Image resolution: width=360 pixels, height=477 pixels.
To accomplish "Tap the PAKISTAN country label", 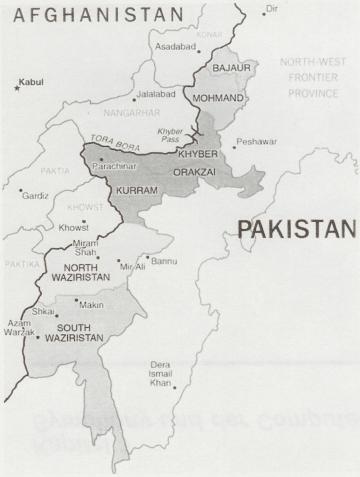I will click(297, 229).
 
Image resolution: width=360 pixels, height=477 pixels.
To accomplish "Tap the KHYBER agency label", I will click(197, 154).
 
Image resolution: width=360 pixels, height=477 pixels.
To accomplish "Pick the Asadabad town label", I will click(173, 47).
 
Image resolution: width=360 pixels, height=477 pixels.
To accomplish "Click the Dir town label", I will click(269, 9).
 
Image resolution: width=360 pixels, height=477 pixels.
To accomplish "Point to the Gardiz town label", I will click(36, 195).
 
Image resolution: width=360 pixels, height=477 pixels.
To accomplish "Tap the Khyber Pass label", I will click(171, 136).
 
